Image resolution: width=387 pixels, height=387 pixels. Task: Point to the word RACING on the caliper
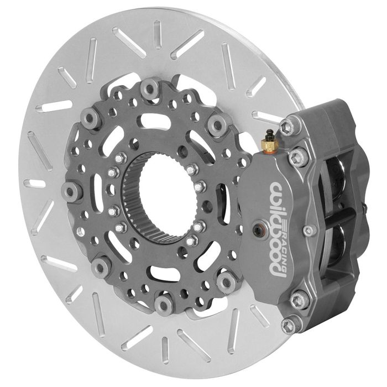pos(284,247)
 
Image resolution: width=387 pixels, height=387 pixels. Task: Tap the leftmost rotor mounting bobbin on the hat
pos(71,191)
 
